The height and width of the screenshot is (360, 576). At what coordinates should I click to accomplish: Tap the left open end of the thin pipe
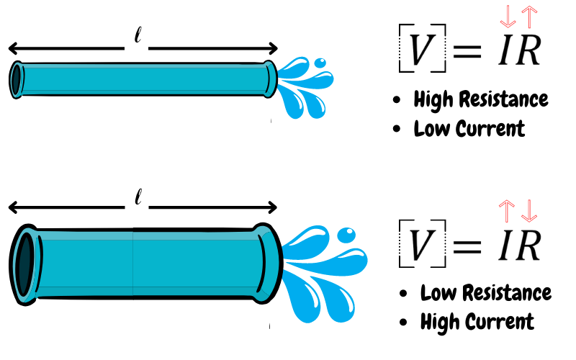click(17, 78)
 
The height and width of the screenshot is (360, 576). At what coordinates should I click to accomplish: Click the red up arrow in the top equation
click(530, 15)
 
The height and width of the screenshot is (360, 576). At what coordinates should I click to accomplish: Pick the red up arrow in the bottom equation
click(507, 210)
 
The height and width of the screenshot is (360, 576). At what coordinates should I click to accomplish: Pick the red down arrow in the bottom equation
click(529, 210)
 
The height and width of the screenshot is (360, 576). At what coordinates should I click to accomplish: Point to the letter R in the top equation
click(528, 50)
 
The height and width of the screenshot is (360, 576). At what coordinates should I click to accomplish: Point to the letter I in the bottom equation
click(505, 245)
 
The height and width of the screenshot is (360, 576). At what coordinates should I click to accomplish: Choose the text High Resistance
click(481, 99)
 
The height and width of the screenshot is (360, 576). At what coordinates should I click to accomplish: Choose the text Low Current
click(469, 129)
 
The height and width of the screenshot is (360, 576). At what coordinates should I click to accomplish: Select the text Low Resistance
click(486, 293)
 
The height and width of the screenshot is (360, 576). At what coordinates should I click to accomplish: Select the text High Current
click(477, 321)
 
